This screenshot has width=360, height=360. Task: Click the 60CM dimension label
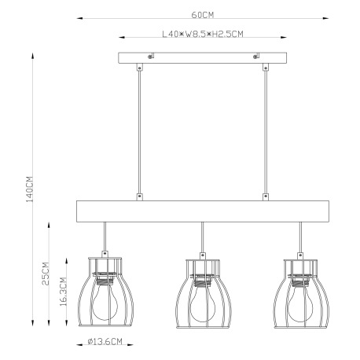[203, 14]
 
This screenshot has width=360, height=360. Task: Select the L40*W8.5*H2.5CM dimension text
[203, 35]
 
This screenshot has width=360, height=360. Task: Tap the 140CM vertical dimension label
[29, 189]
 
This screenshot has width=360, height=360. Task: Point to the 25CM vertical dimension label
[46, 273]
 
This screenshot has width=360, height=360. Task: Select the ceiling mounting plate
[203, 59]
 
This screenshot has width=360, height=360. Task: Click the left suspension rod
[140, 130]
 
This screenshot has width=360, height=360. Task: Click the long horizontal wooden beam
[203, 211]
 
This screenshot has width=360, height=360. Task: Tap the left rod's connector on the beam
[140, 196]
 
